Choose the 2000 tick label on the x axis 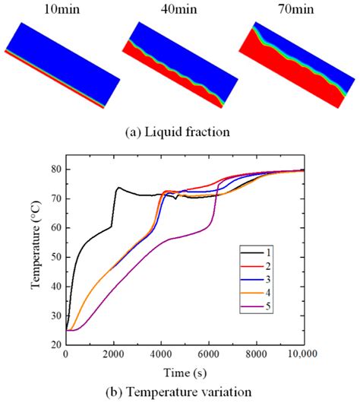coord(114,356)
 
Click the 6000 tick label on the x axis coord(209,356)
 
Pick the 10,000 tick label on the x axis coord(301,356)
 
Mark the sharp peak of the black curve coord(118,187)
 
